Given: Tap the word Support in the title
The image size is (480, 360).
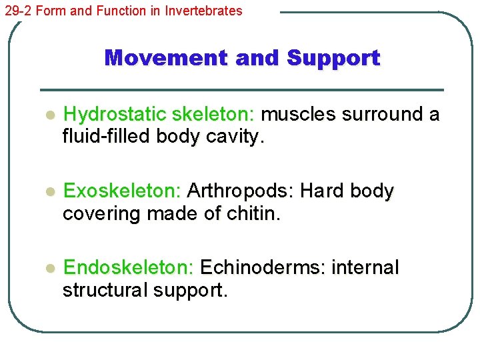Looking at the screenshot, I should (333, 58).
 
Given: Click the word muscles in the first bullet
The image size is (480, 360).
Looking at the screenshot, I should (298, 115).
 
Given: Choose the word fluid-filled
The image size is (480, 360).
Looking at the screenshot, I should (107, 137).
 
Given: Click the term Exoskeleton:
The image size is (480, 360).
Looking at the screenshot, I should (122, 191).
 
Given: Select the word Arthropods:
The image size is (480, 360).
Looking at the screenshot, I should (241, 191).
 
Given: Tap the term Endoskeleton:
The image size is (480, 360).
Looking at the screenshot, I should (128, 268).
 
